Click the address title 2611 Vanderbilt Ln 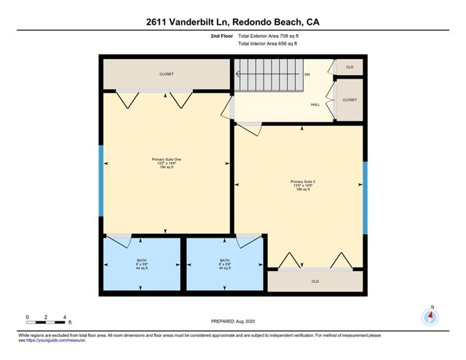232,23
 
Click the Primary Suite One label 167,159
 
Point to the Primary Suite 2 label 302,181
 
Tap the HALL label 315,104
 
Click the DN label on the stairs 308,74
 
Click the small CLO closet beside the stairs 349,67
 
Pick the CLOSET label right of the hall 349,100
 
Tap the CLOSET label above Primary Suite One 167,74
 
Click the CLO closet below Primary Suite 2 315,281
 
